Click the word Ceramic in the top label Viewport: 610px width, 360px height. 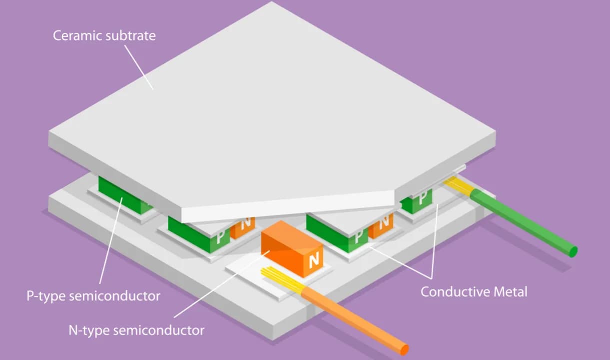click(77, 36)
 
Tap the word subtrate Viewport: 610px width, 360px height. click(130, 36)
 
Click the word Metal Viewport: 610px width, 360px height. click(509, 291)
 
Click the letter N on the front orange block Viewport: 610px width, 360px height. click(314, 260)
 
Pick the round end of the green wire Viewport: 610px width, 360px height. click(573, 251)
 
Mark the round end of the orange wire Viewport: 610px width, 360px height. click(404, 349)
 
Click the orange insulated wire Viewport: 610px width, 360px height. click(350, 317)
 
